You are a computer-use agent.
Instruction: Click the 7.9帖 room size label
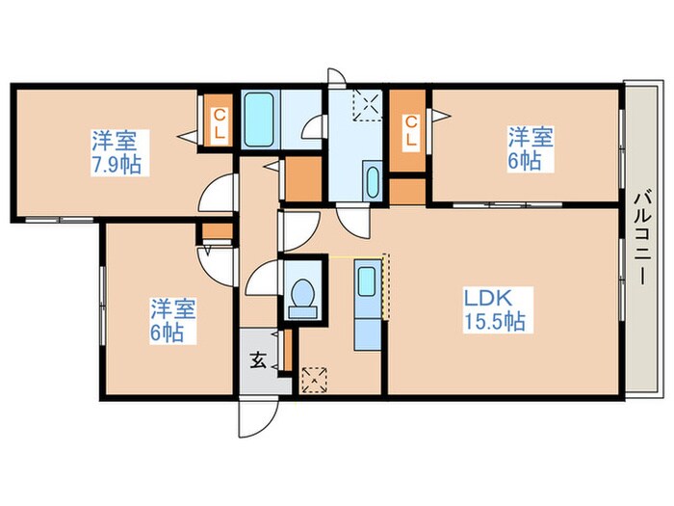point(116,165)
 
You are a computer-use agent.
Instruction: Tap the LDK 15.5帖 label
point(494,309)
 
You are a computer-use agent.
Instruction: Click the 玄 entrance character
point(258,360)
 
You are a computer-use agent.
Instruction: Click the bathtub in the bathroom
point(259,120)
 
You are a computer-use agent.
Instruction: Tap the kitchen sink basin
point(366,281)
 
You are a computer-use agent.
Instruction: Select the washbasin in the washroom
point(373,181)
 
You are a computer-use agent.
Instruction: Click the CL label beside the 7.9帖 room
point(220,123)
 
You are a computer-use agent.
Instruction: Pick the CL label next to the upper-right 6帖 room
point(411,131)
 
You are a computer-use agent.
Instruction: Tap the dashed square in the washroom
point(368,105)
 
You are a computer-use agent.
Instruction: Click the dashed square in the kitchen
point(315,381)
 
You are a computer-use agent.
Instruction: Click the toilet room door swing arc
point(261,278)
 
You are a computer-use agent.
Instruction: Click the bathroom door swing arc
point(312,126)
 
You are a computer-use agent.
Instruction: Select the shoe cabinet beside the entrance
point(288,349)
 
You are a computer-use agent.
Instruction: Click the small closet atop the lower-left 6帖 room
point(218,231)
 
